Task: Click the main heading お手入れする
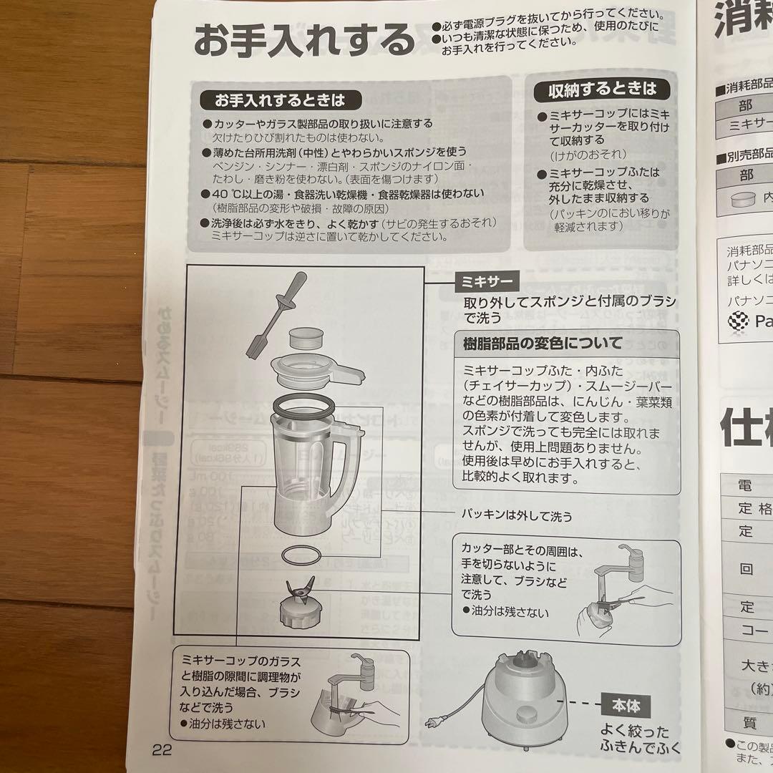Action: pos(304,41)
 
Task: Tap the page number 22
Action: pos(162,750)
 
